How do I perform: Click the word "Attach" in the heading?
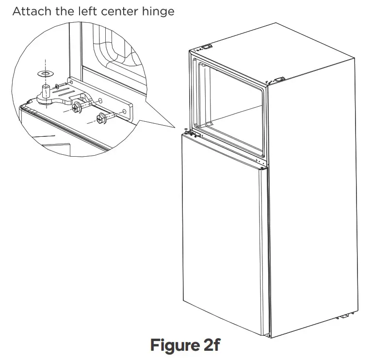tap(30, 11)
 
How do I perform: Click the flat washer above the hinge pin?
tap(45, 74)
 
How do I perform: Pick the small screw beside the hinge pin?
tap(59, 87)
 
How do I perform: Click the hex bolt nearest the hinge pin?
tap(77, 107)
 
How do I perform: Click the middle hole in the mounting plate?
tap(100, 102)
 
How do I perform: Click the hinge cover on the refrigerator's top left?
tap(207, 47)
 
